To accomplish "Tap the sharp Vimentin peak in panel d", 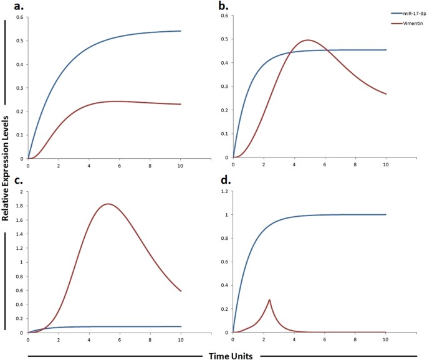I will coord(269,300).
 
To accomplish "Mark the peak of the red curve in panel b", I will coord(308,40).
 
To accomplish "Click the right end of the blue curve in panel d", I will coord(386,215).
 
